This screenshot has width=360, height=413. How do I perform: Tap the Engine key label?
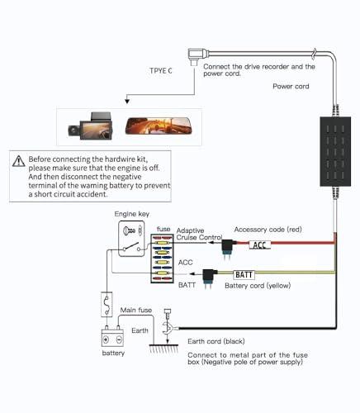[131, 214]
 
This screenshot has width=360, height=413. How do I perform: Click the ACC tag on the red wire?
[260, 244]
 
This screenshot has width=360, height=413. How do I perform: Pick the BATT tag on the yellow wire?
[244, 274]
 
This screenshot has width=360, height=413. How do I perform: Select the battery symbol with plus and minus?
[111, 339]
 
